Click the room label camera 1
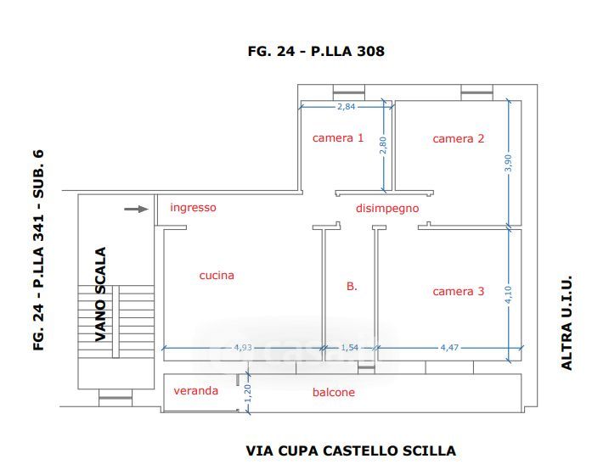coord(338,138)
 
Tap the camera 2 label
coord(459,139)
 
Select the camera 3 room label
coord(459,291)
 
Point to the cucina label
coord(217,276)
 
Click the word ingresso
coord(194,208)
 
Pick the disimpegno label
coord(387,209)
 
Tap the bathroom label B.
coord(352,286)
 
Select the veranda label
coord(196,391)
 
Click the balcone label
coord(334,392)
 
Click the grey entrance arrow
coord(136,209)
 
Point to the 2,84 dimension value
coord(347,107)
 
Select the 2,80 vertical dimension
coord(383,145)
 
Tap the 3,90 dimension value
coord(509,163)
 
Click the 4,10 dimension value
coord(509,294)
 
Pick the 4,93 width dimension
coord(243,347)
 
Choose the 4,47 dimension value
coord(449,347)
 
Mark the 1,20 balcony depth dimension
coord(248,394)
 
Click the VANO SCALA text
coord(100,294)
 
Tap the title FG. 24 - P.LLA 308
coord(316,51)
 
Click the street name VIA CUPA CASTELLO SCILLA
coord(351,450)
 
